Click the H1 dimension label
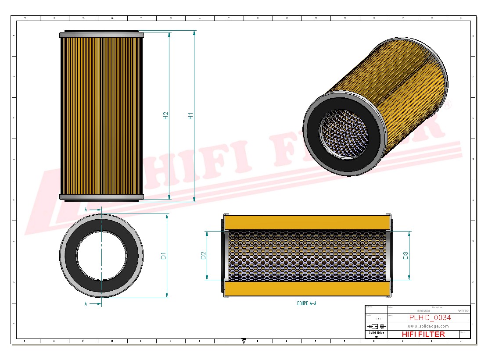190,116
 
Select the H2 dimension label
166,116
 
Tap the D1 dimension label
163,256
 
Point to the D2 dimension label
203,255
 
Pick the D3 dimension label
406,255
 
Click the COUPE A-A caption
306,303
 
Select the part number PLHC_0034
430,318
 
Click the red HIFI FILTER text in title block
423,334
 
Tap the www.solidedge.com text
428,326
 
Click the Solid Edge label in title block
376,333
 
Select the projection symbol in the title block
376,326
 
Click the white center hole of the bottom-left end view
101,256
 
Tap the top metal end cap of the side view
101,35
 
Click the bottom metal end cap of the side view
101,197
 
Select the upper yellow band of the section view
307,222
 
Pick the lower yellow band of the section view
307,289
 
